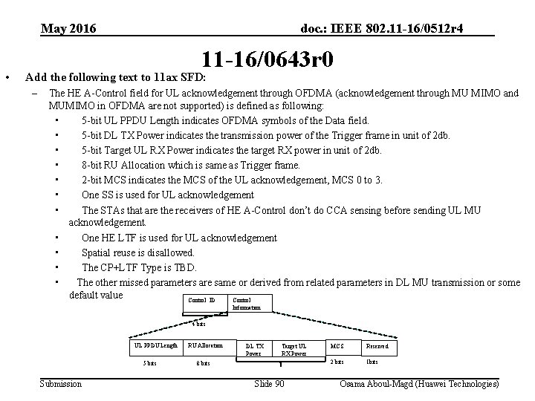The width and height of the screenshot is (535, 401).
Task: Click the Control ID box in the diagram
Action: [x=198, y=301]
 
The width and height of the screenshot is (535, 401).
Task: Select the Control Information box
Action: [x=247, y=303]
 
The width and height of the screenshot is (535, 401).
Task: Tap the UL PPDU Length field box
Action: [x=155, y=345]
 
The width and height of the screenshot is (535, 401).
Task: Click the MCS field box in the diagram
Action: [x=337, y=346]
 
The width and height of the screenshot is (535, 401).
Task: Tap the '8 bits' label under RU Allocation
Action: [x=203, y=363]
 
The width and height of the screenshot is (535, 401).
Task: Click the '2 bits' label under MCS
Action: [x=337, y=362]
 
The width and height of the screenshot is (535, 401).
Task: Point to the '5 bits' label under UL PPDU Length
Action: [x=149, y=363]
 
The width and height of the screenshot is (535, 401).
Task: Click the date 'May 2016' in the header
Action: [x=68, y=29]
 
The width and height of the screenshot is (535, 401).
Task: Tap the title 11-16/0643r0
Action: [x=267, y=59]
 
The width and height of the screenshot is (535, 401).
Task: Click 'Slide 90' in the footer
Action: [x=268, y=383]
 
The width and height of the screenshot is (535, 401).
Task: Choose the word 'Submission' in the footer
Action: [x=61, y=383]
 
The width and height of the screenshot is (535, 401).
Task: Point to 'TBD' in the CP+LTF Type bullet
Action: [x=185, y=267]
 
